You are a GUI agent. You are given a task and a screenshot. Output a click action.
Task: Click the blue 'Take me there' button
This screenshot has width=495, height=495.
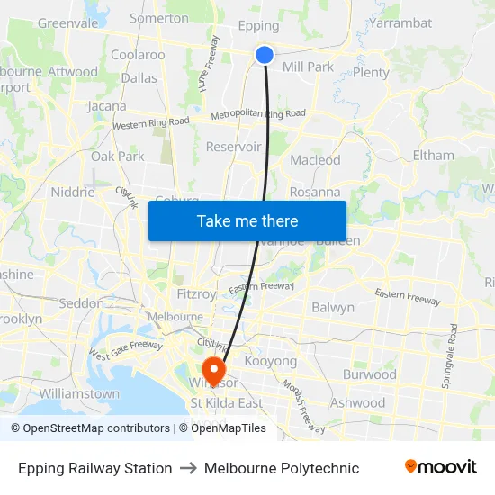coord(247,220)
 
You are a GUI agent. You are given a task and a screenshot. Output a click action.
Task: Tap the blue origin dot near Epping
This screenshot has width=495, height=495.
coord(265,55)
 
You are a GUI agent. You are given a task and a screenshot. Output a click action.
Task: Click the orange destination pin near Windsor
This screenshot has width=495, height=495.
coord(214,369)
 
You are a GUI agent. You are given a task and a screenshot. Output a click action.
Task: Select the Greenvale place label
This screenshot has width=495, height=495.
coord(67,22)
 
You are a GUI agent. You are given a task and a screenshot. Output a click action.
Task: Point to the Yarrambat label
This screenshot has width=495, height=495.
coord(400,22)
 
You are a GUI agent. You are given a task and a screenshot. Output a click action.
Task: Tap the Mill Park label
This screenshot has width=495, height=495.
coord(308,67)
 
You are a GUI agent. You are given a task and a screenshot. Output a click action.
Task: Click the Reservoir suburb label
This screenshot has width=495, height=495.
coord(233,147)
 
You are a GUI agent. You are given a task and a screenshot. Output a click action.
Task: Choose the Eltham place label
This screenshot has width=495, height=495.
coord(433,155)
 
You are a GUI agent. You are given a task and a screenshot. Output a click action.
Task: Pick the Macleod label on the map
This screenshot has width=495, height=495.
coord(315,160)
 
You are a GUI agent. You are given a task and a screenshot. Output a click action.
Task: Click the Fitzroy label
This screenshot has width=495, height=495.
coord(196,293)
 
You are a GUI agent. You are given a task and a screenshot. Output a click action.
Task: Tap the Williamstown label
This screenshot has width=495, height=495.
coord(79,393)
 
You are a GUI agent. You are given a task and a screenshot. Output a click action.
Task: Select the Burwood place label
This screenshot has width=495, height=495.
coord(369,374)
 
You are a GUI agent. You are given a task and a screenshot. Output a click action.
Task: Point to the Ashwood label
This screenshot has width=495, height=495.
coord(358,403)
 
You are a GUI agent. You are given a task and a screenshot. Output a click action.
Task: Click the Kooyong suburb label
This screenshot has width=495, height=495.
coord(270,361)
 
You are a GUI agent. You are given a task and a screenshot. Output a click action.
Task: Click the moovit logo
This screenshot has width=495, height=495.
coord(440,467)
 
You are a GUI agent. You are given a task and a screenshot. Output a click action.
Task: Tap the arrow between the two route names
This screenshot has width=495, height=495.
coord(188,468)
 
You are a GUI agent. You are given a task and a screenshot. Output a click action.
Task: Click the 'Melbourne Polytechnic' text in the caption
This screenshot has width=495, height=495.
coord(282,468)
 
